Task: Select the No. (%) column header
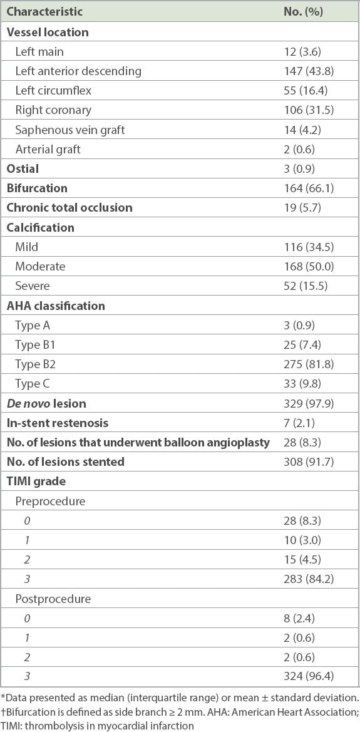pyautogui.click(x=304, y=12)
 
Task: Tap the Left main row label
pyautogui.click(x=39, y=51)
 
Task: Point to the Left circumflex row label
pyautogui.click(x=53, y=91)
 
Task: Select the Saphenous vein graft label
pyautogui.click(x=70, y=130)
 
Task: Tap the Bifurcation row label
pyautogui.click(x=37, y=188)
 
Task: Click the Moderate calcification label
pyautogui.click(x=40, y=266)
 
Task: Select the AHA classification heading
pyautogui.click(x=56, y=306)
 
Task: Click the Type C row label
pyautogui.click(x=32, y=384)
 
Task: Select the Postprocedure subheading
pyautogui.click(x=53, y=599)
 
